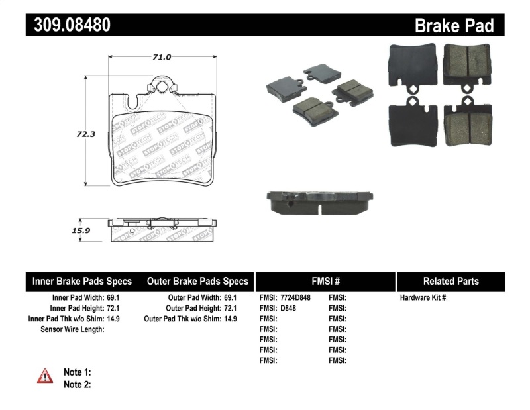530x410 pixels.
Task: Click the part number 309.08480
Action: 68,25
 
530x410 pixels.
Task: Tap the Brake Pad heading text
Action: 454,26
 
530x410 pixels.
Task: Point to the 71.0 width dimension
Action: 162,57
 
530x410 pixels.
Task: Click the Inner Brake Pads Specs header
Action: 82,281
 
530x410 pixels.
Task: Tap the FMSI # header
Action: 325,281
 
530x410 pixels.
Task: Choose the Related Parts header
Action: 450,281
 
